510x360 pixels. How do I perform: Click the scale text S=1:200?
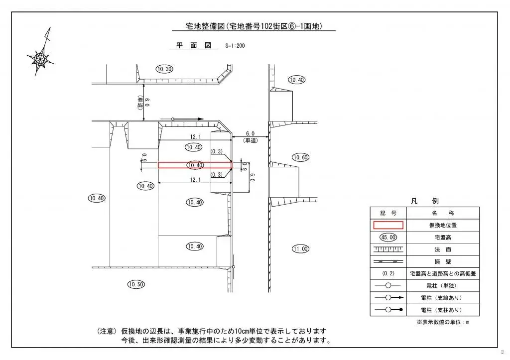pos(235,46)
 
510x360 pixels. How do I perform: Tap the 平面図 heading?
pos(194,45)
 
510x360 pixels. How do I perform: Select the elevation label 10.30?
pos(164,69)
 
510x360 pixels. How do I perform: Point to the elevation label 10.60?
pos(300,157)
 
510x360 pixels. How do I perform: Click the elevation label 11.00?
pos(300,248)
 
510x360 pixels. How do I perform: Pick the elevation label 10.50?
pos(136,284)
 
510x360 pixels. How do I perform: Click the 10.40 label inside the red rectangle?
pos(195,165)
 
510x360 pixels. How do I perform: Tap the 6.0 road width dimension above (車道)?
pos(250,134)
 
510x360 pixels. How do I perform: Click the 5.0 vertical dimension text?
pos(252,177)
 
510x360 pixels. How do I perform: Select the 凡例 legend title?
pos(424,201)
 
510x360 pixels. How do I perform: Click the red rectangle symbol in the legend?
pos(388,225)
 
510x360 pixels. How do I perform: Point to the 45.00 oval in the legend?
pos(388,237)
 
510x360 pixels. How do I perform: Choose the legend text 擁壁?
pos(442,261)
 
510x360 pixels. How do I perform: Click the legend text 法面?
pos(442,249)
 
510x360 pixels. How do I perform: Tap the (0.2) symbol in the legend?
pos(388,273)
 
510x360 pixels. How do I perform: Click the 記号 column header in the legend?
pos(388,213)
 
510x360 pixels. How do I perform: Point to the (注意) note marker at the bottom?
pos(107,331)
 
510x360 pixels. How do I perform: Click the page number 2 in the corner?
pos(503,352)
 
